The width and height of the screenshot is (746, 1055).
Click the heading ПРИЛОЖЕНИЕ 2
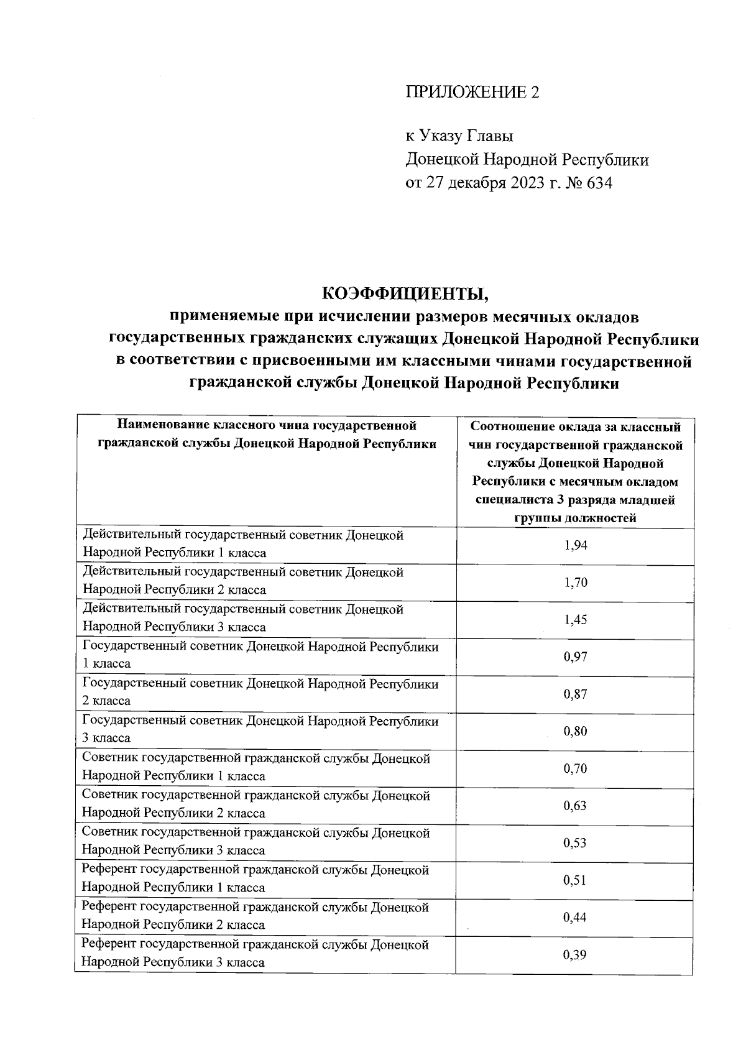(x=472, y=93)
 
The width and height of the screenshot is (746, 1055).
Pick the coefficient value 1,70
(x=575, y=583)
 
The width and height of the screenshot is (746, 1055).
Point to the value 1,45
(x=575, y=620)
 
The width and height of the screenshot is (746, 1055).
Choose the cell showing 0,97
(x=575, y=657)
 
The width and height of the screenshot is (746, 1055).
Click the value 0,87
(x=575, y=694)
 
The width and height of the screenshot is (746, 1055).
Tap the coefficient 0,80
(x=575, y=731)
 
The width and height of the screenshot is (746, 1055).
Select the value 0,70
(x=575, y=769)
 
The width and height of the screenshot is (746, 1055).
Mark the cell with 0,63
(x=575, y=806)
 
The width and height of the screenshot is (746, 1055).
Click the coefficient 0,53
(x=575, y=843)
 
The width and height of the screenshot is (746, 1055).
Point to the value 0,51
(x=575, y=880)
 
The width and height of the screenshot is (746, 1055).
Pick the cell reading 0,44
(x=575, y=918)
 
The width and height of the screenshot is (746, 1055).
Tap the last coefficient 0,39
(x=575, y=955)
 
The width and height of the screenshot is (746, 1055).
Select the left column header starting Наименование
(x=267, y=435)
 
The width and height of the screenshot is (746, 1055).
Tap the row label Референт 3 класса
(x=255, y=953)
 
